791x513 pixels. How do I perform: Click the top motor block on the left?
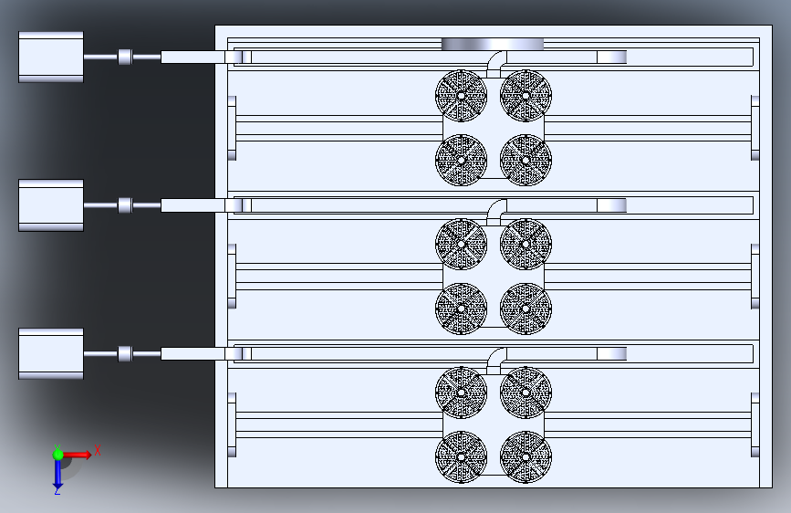coord(51,58)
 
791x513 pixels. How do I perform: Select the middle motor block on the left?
coord(51,205)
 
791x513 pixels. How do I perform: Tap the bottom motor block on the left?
coord(51,353)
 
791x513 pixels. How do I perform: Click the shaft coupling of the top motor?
coord(125,57)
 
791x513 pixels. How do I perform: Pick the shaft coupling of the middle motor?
coord(125,205)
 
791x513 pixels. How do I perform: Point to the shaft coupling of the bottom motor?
coord(125,353)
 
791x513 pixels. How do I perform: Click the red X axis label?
coord(98,450)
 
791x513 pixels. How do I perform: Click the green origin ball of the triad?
coord(58,455)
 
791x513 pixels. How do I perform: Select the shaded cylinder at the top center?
coord(493,44)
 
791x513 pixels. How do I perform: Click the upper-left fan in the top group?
coord(461,96)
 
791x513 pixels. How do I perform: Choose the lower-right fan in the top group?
coord(526,160)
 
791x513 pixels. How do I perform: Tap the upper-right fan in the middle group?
coord(526,244)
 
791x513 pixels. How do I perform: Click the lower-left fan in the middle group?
coord(461,309)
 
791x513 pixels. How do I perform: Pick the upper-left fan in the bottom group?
coord(461,393)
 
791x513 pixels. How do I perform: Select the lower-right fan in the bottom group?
coord(526,457)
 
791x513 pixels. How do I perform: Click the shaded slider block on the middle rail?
coord(611,205)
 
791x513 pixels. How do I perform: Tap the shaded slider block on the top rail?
coord(611,57)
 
